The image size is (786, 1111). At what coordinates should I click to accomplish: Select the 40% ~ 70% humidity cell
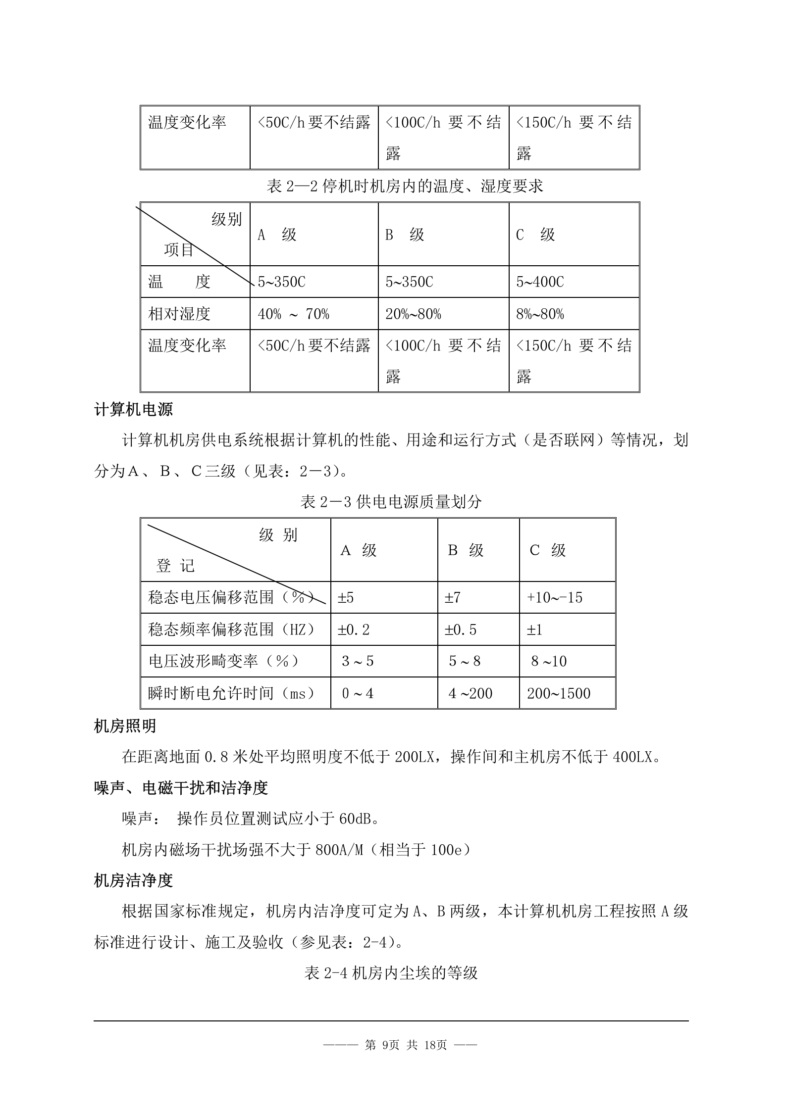click(293, 314)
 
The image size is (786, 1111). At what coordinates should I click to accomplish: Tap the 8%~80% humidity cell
click(540, 314)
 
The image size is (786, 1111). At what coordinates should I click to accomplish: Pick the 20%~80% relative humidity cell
click(413, 314)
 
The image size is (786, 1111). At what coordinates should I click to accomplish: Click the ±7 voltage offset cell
click(453, 598)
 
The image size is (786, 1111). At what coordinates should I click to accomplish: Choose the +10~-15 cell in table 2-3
click(555, 598)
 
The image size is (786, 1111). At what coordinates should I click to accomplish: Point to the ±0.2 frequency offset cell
click(354, 629)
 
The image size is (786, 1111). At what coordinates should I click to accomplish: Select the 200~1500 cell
click(559, 693)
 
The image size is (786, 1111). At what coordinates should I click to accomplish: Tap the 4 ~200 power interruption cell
click(470, 693)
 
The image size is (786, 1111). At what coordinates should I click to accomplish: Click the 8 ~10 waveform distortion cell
click(549, 661)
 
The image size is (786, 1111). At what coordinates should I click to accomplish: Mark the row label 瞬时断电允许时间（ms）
click(232, 693)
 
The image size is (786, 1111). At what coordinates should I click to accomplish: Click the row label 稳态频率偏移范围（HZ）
click(232, 629)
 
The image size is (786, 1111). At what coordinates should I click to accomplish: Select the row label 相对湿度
click(179, 314)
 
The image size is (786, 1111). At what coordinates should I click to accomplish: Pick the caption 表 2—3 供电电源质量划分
click(391, 502)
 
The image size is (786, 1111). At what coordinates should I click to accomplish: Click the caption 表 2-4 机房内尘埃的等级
click(391, 973)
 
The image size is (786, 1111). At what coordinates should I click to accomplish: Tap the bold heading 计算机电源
click(133, 410)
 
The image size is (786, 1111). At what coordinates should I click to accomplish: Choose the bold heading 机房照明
click(125, 726)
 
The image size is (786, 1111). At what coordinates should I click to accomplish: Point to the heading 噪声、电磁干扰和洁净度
click(181, 788)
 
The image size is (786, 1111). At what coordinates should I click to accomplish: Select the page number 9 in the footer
click(386, 1045)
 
